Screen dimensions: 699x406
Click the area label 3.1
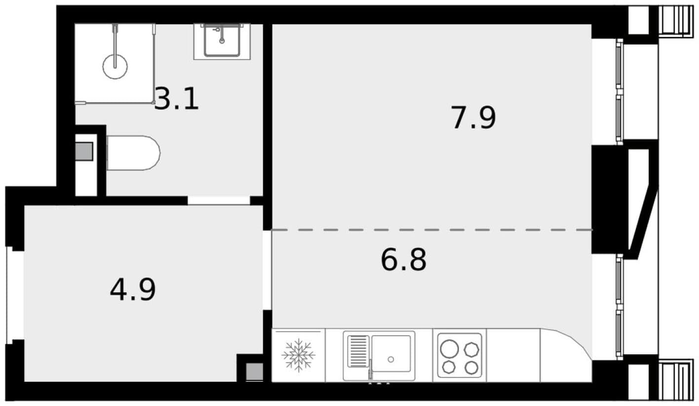pos(177,98)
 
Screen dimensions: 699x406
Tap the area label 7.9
pos(473,118)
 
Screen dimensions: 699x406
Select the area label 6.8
pos(403,260)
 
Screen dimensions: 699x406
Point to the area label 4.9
pos(133,290)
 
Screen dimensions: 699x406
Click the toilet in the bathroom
pos(133,153)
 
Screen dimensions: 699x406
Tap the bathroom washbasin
pos(222,41)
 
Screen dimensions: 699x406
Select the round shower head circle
pos(115,67)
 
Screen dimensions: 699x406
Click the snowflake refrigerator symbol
pos(298,356)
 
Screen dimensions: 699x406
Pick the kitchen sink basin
pos(391,354)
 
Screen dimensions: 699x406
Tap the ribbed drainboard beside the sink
pos(358,351)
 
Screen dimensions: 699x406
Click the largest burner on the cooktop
pos(449,349)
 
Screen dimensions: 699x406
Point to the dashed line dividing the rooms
pos(432,230)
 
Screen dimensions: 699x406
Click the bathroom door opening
pos(219,200)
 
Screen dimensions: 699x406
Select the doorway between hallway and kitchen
pos(267,271)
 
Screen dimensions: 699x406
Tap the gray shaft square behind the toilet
pos(84,152)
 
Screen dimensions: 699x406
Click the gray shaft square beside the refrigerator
pos(254,371)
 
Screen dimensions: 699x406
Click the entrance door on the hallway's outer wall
pos(9,295)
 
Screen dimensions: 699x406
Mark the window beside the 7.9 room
pos(620,92)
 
